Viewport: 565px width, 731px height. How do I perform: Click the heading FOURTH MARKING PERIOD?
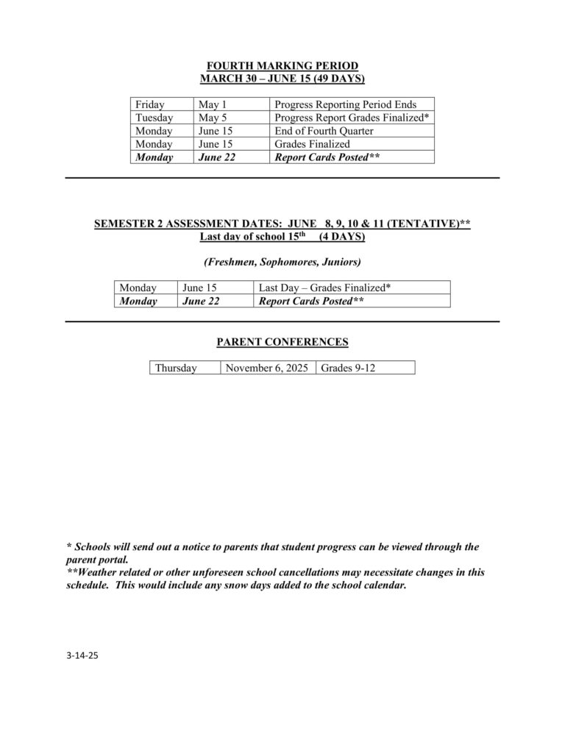point(282,66)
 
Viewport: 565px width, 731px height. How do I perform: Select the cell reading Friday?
point(150,104)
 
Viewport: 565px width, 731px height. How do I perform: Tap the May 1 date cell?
point(213,104)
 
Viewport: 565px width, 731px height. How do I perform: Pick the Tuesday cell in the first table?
point(154,118)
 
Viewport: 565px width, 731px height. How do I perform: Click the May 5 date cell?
point(213,118)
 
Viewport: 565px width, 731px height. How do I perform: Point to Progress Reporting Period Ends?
point(345,104)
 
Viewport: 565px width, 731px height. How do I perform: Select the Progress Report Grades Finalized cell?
point(352,118)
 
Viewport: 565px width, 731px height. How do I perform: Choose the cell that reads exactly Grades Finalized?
point(312,144)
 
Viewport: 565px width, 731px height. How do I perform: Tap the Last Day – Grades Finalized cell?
point(324,288)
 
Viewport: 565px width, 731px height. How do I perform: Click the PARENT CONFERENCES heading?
point(282,342)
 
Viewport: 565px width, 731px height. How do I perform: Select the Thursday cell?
point(176,368)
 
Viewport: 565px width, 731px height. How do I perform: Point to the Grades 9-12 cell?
point(348,368)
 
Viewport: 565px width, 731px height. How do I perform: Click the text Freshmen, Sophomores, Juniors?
point(282,262)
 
